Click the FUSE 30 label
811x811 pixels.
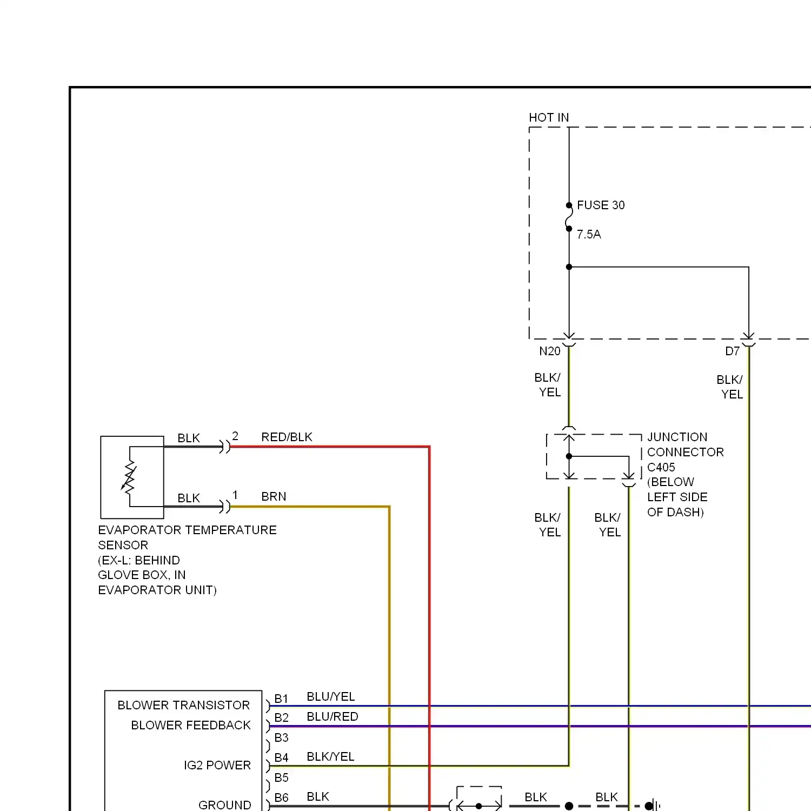600,205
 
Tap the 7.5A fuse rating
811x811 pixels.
588,235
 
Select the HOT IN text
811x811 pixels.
548,118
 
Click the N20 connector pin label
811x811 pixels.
549,351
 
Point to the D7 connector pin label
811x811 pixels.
732,351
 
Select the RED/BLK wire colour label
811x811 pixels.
287,437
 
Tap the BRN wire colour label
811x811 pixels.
274,497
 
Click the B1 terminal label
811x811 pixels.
281,699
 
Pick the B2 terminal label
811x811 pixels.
281,718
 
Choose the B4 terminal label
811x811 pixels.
281,758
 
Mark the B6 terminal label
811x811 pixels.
281,798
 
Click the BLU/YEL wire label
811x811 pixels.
330,697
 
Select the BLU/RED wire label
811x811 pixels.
332,717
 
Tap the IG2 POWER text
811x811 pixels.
217,766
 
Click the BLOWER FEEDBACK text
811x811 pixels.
190,726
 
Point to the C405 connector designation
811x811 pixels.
661,467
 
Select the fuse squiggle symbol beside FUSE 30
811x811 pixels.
569,217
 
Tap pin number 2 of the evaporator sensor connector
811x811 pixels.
235,436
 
